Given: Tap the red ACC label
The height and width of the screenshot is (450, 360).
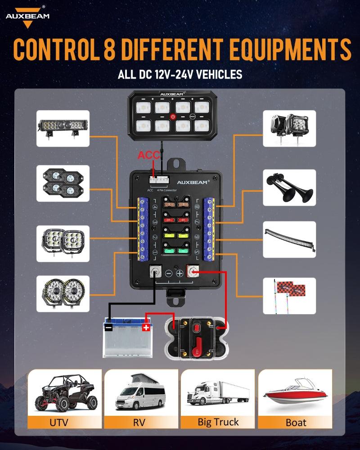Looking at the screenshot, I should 148,155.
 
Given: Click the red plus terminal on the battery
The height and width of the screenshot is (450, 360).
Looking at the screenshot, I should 145,327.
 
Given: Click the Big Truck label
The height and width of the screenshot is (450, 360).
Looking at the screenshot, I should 218,422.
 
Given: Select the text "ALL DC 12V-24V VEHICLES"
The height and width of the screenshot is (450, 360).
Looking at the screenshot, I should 180,74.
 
